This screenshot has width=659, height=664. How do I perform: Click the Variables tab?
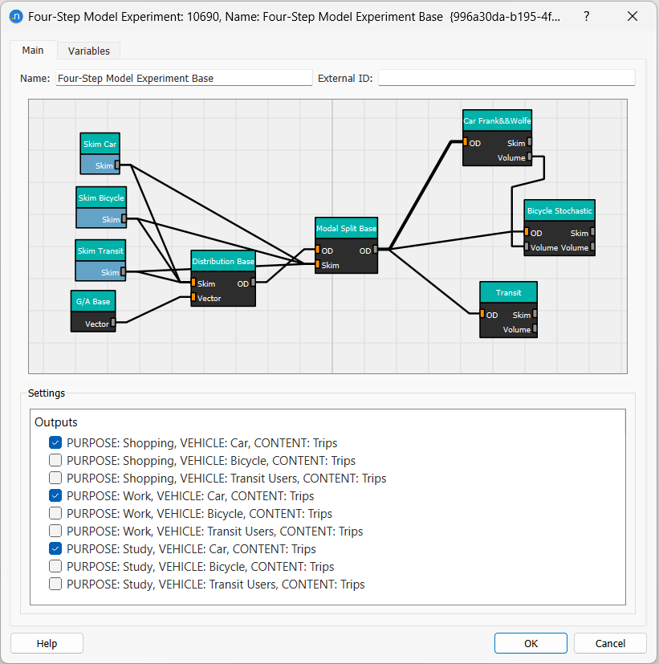88,51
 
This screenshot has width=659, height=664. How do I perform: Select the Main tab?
33,50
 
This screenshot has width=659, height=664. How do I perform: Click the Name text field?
184,78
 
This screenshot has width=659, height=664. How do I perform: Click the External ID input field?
506,78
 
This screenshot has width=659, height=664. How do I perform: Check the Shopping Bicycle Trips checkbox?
55,461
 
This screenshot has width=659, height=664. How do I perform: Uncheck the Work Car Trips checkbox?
55,496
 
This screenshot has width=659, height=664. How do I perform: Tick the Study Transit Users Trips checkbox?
55,585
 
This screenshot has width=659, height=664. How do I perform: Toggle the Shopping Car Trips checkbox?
55,443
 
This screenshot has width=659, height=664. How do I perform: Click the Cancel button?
610,643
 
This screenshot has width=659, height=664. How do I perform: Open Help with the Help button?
47,643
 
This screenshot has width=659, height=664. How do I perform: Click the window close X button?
632,17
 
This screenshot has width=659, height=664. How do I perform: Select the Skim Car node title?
100,145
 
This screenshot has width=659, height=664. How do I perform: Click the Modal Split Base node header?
346,228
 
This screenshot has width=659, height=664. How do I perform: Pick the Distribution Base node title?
223,262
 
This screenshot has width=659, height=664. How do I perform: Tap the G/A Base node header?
93,302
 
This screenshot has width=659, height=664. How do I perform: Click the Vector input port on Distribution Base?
193,298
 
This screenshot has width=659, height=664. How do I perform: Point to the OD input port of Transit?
482,315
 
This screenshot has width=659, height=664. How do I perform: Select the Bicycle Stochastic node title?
559,210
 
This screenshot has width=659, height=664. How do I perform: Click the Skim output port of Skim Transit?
124,272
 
